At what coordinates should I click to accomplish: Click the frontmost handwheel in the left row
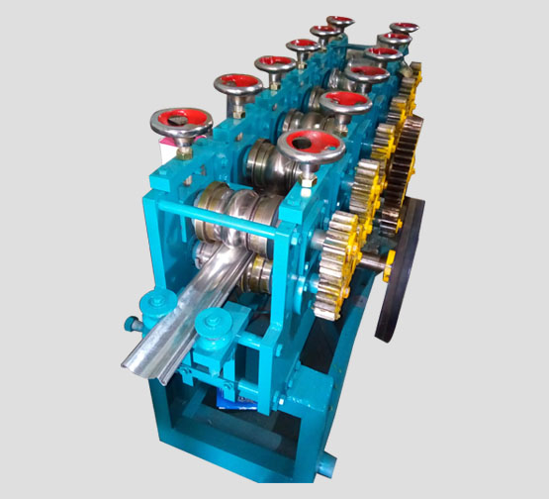point(181,123)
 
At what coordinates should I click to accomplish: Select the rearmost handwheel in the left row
point(340,21)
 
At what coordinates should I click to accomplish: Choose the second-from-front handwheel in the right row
point(343,100)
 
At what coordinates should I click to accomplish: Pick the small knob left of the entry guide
point(132,322)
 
